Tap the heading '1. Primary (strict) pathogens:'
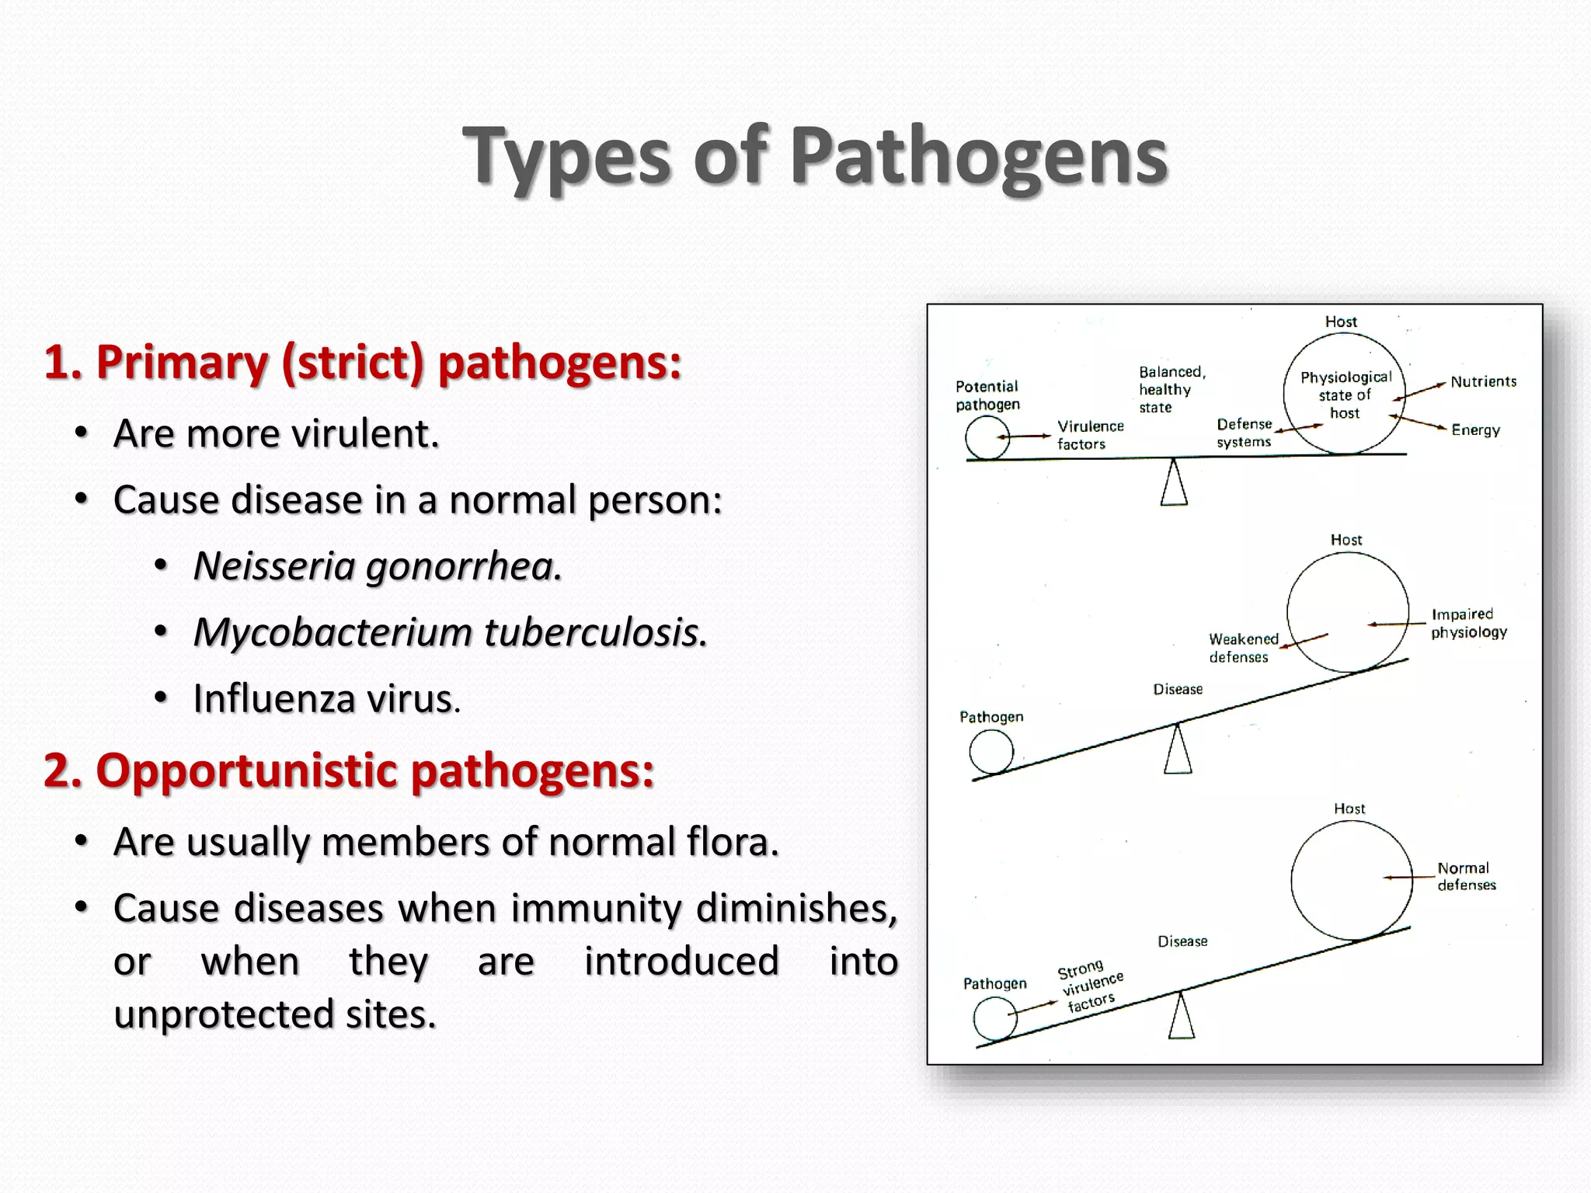click(363, 362)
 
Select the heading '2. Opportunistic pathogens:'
click(349, 770)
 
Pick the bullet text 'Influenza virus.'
click(326, 698)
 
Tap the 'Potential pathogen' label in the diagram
click(987, 395)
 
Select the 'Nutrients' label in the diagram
click(1483, 381)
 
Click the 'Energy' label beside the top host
click(1475, 430)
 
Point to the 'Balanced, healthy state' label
click(1171, 389)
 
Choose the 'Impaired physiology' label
click(1468, 623)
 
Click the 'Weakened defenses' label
click(1242, 648)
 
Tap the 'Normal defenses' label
click(1466, 876)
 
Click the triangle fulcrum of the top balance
click(1174, 484)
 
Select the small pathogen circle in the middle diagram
click(991, 752)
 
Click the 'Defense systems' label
click(1244, 433)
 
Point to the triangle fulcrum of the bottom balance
click(1182, 1017)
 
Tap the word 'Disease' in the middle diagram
click(1178, 689)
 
